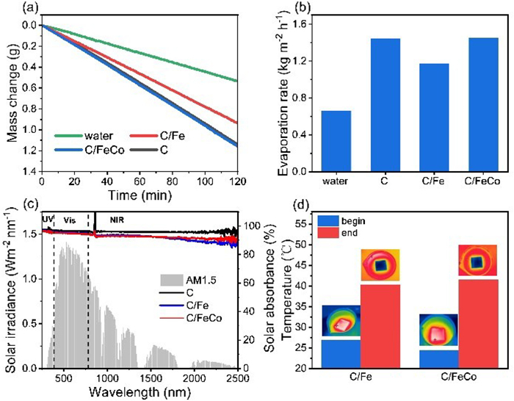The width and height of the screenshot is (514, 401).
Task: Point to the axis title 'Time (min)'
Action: click(x=140, y=195)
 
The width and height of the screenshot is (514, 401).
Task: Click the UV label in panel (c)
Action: click(x=48, y=220)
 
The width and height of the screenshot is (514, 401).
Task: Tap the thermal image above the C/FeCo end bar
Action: click(x=477, y=260)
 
